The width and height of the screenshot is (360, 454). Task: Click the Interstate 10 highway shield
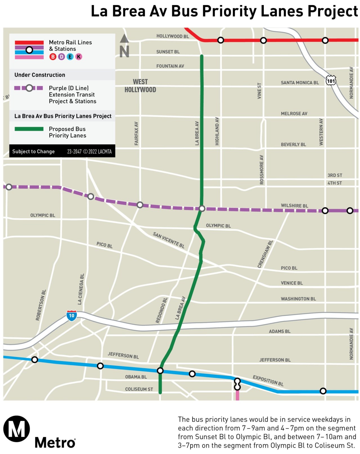(71, 316)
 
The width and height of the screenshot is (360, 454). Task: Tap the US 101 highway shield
(331, 81)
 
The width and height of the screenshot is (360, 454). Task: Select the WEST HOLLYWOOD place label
(140, 86)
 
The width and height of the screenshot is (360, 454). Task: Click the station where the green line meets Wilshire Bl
(202, 209)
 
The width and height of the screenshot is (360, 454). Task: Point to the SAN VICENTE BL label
(168, 240)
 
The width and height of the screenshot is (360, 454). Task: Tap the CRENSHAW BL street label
(265, 254)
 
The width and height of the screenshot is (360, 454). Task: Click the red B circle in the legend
(53, 57)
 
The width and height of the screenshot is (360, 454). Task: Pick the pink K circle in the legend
(79, 57)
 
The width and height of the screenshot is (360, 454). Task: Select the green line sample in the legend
(29, 129)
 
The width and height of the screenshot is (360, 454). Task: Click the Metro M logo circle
(16, 429)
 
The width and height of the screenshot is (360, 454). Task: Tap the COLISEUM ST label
(139, 389)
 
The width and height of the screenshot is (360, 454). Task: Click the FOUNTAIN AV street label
(170, 66)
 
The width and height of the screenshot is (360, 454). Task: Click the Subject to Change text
(33, 152)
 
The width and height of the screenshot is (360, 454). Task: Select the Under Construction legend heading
(40, 75)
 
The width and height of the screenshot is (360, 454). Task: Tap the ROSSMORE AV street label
(261, 170)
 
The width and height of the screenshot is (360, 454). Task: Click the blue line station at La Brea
(160, 370)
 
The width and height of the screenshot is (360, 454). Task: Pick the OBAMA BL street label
(136, 377)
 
